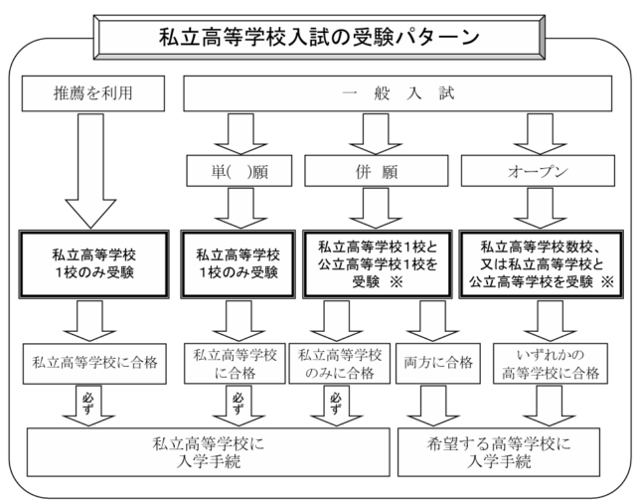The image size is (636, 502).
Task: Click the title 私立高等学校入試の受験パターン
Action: pos(319,38)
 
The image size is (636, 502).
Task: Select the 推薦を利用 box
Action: pos(93,93)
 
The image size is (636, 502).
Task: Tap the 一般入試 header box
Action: pos(397,93)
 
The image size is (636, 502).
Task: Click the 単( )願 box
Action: pos(239,171)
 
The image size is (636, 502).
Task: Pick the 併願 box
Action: pos(377,171)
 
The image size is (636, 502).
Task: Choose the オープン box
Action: pos(538,171)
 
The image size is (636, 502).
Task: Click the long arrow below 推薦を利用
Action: pos(90,170)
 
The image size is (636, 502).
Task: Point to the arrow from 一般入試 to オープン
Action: pos(540,134)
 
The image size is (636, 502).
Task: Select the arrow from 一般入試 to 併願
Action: pos(376,134)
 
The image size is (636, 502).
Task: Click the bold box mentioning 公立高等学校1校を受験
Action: pos(378,264)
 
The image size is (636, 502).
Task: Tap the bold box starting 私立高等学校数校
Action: pos(541,264)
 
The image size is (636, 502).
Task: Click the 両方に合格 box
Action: pos(438,363)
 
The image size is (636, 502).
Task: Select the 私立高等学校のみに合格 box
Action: pos(340,363)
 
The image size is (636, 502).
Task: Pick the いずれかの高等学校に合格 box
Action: pos(551,363)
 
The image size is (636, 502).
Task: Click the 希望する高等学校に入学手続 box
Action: pos(499,452)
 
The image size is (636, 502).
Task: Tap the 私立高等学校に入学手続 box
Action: pos(209,452)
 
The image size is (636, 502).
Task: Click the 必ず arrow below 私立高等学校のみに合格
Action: pos(336,406)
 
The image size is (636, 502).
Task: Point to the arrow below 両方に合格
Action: pos(433,406)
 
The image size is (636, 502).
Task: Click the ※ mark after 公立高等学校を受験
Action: pos(607,281)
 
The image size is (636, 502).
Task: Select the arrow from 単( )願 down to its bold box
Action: pos(240,208)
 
